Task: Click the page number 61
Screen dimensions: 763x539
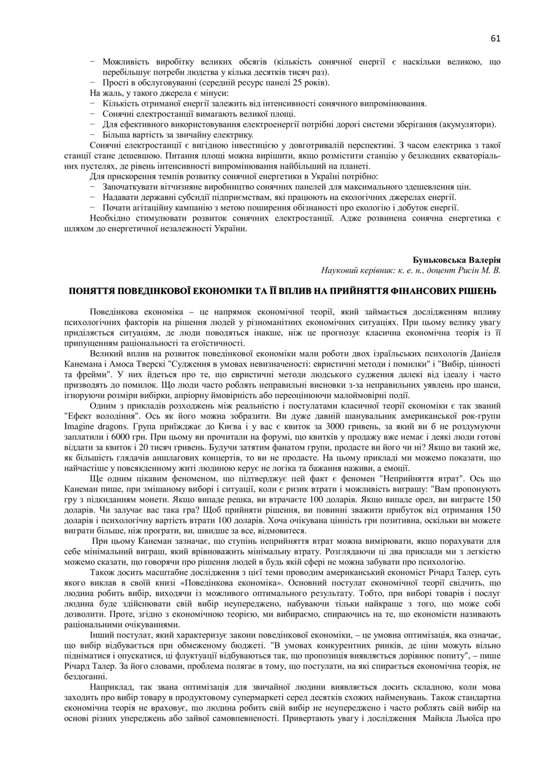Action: point(495,38)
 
